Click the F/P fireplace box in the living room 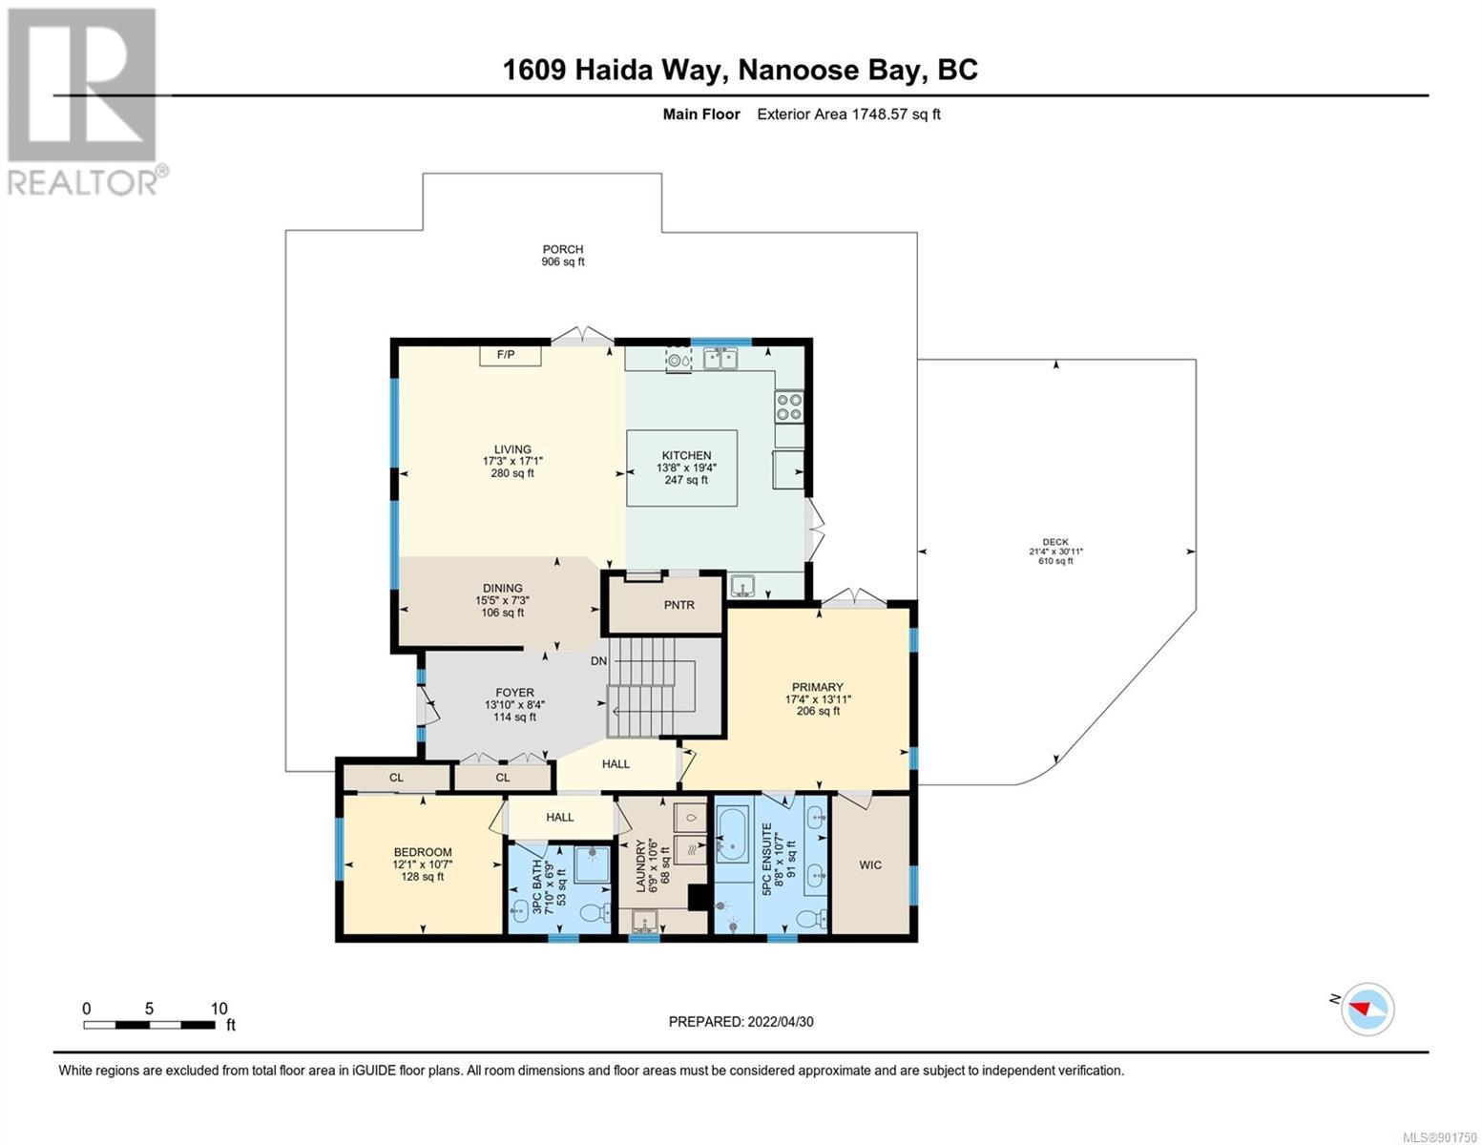[x=511, y=355]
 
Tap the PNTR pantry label [x=678, y=605]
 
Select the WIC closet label [x=870, y=864]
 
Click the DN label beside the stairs [x=598, y=661]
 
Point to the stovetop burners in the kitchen [x=789, y=406]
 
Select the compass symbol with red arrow [x=1367, y=1010]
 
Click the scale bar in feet [x=150, y=1025]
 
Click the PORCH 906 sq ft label [x=563, y=255]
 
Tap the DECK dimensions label [x=1055, y=552]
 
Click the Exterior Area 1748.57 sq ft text [x=848, y=114]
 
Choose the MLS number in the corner [x=1439, y=1136]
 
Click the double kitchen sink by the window [x=720, y=358]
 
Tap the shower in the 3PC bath [x=592, y=864]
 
